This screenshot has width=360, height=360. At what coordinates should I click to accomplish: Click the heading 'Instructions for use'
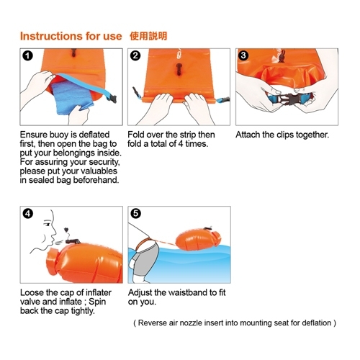tap(71, 35)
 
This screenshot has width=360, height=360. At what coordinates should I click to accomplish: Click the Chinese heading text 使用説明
tap(149, 35)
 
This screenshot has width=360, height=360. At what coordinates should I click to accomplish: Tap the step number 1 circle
tap(27, 55)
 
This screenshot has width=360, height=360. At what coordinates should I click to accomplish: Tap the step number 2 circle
tap(135, 55)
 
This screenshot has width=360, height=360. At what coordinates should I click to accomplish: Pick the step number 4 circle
tap(27, 214)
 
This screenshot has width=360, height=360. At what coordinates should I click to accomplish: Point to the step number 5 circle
tap(135, 214)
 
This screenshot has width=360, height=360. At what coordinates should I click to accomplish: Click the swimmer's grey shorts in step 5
tap(147, 260)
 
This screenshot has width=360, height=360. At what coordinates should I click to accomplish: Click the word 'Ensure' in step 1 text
tap(36, 135)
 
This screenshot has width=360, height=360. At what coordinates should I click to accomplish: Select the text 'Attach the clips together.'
tap(282, 135)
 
